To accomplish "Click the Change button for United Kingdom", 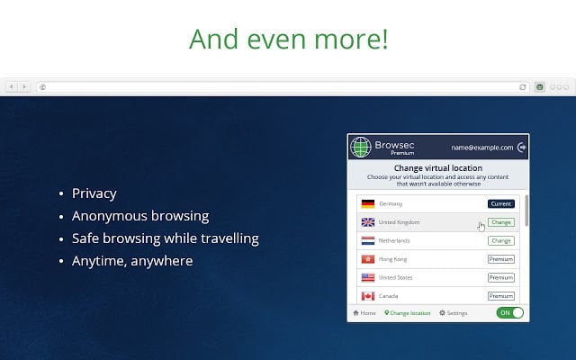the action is click(501, 222).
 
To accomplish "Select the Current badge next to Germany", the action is click(501, 204).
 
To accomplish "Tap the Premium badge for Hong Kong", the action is click(501, 259).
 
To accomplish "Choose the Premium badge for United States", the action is click(501, 278).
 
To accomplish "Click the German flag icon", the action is click(368, 204).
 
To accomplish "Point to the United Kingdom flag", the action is click(368, 222).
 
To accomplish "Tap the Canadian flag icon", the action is click(368, 296).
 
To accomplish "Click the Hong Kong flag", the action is click(368, 259).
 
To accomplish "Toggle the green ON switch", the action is click(510, 313).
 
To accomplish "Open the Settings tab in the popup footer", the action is click(454, 313).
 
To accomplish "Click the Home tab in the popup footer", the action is click(364, 313).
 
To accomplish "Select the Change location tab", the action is click(408, 313).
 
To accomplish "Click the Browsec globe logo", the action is click(361, 147).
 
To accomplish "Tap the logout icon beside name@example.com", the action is click(521, 148).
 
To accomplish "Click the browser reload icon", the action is click(522, 87).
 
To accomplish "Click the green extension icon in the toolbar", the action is click(539, 87).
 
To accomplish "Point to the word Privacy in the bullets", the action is click(94, 193).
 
